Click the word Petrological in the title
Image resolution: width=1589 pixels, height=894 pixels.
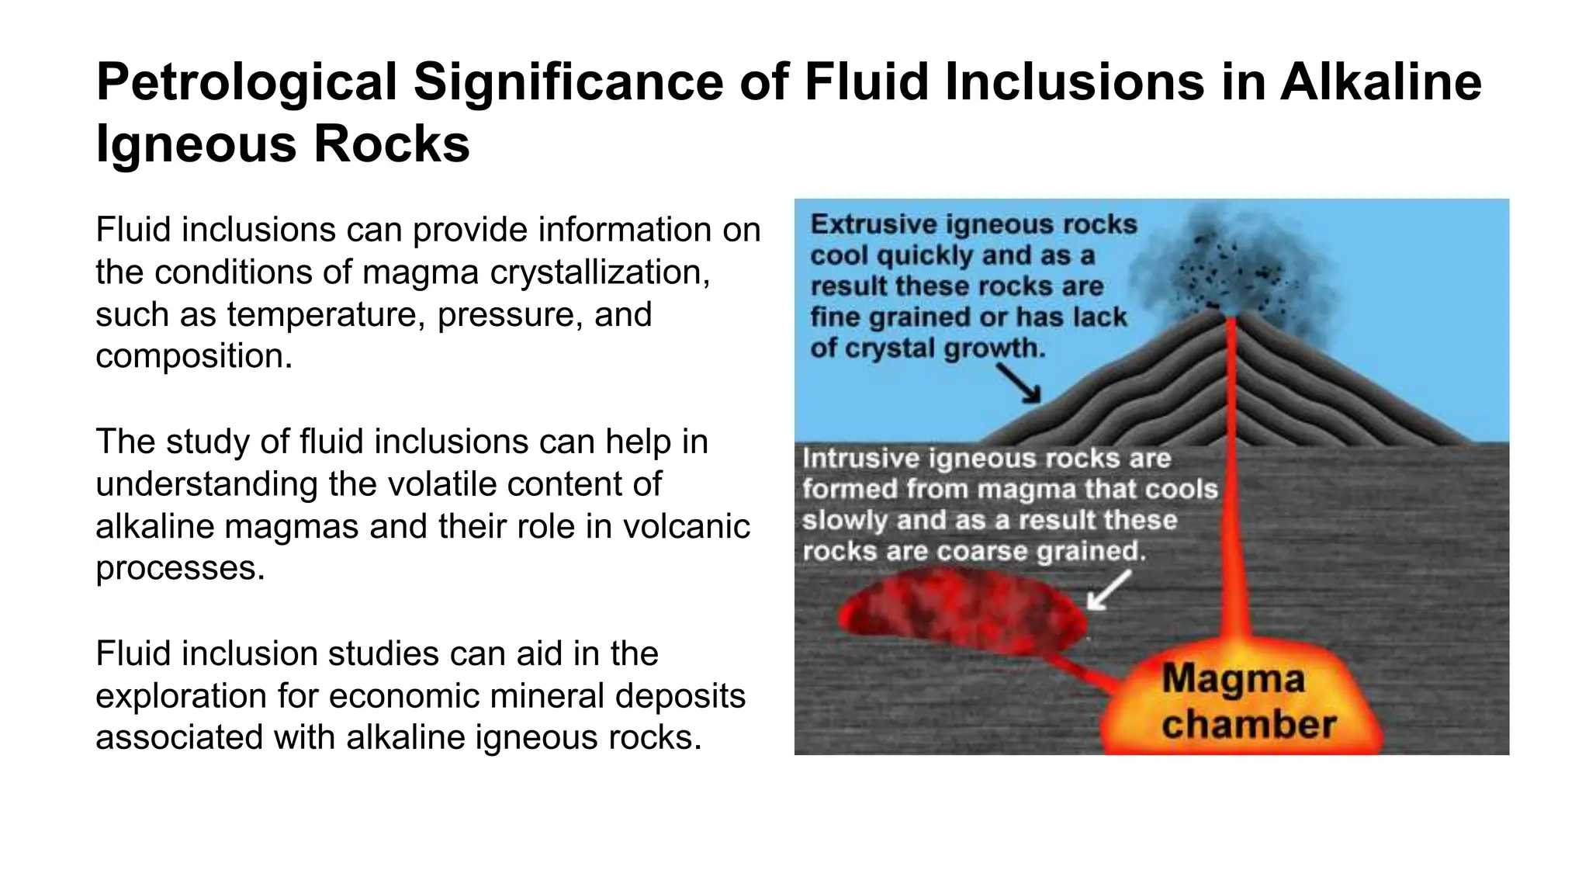click(x=246, y=83)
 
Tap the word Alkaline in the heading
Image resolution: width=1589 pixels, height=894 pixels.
click(x=1380, y=81)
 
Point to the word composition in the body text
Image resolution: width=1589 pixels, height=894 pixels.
click(x=193, y=356)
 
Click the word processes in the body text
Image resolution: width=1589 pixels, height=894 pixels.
click(x=180, y=568)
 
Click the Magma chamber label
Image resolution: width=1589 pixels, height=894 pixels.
click(x=1248, y=702)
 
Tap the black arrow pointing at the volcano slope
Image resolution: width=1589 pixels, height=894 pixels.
click(x=1019, y=383)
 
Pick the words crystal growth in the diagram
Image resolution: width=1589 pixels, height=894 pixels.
click(x=945, y=348)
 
